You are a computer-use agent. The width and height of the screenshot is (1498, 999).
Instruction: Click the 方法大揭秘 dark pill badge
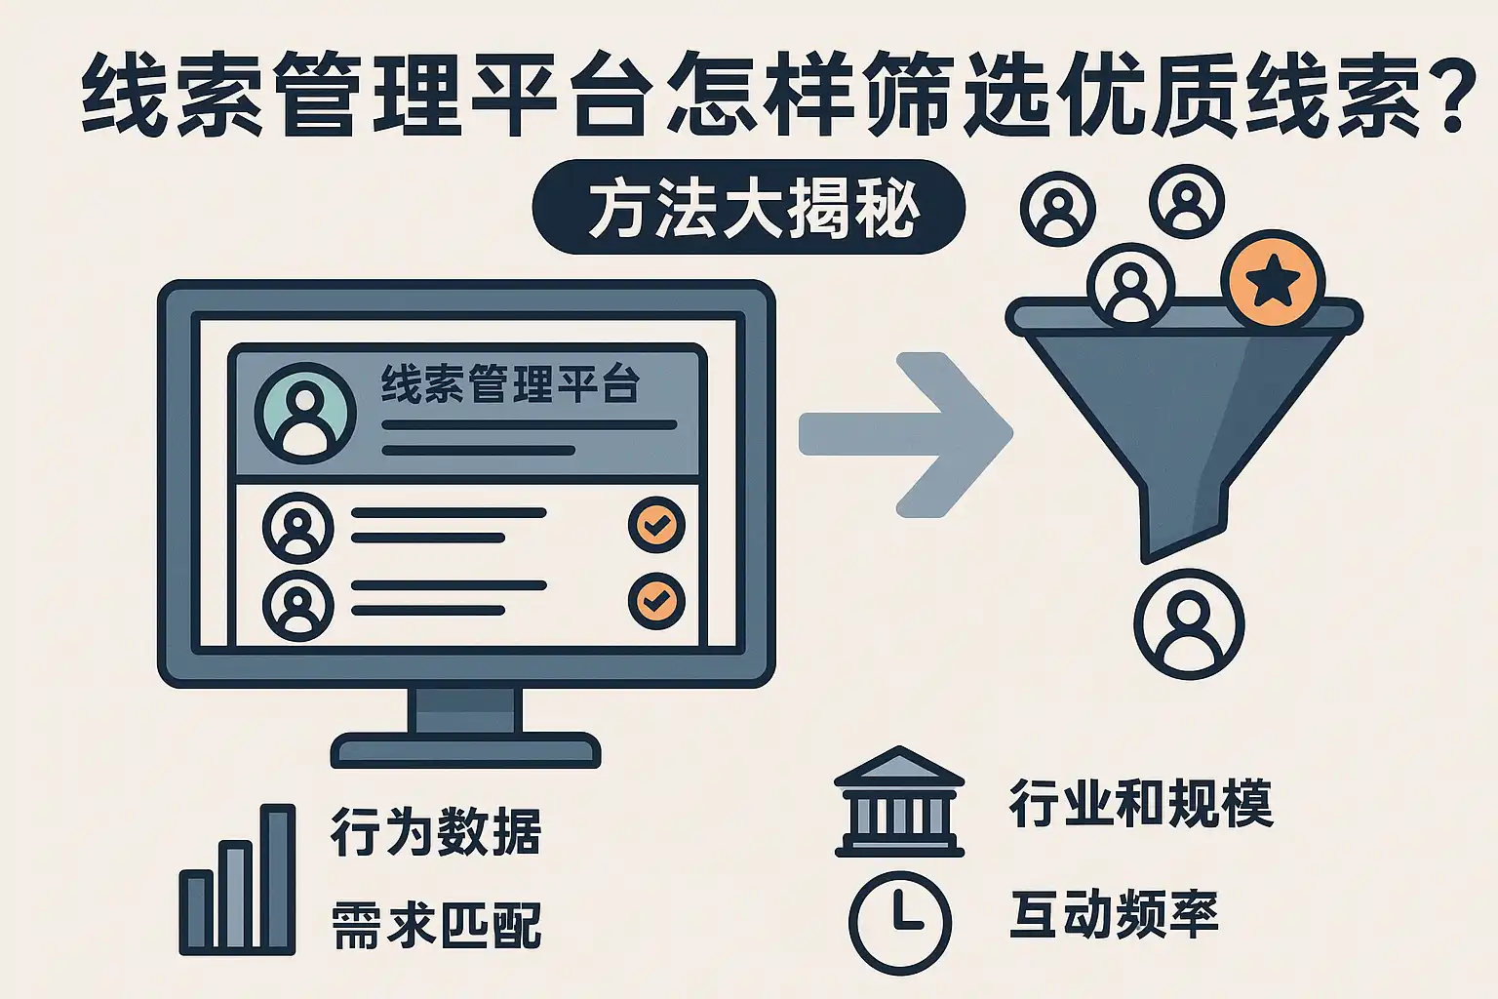[x=749, y=208]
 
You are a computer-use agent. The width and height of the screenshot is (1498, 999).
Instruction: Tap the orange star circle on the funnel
[x=1274, y=280]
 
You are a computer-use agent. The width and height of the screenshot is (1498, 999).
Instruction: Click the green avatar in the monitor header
[x=305, y=412]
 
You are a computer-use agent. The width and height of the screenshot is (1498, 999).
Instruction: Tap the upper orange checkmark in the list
[x=656, y=526]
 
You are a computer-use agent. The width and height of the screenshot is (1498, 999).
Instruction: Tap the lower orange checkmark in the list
[x=656, y=600]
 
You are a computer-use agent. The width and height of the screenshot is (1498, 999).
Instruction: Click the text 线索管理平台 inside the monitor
[x=510, y=384]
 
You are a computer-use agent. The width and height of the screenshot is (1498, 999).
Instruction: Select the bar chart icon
[x=237, y=879]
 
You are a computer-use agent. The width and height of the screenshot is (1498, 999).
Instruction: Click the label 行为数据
[x=436, y=832]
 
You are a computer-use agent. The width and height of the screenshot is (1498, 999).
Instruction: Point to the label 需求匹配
[x=436, y=924]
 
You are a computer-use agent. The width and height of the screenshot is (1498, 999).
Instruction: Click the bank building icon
[x=899, y=802]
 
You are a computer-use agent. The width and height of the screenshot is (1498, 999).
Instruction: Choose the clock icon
[x=899, y=922]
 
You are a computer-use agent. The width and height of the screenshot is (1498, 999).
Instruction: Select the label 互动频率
[x=1114, y=915]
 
